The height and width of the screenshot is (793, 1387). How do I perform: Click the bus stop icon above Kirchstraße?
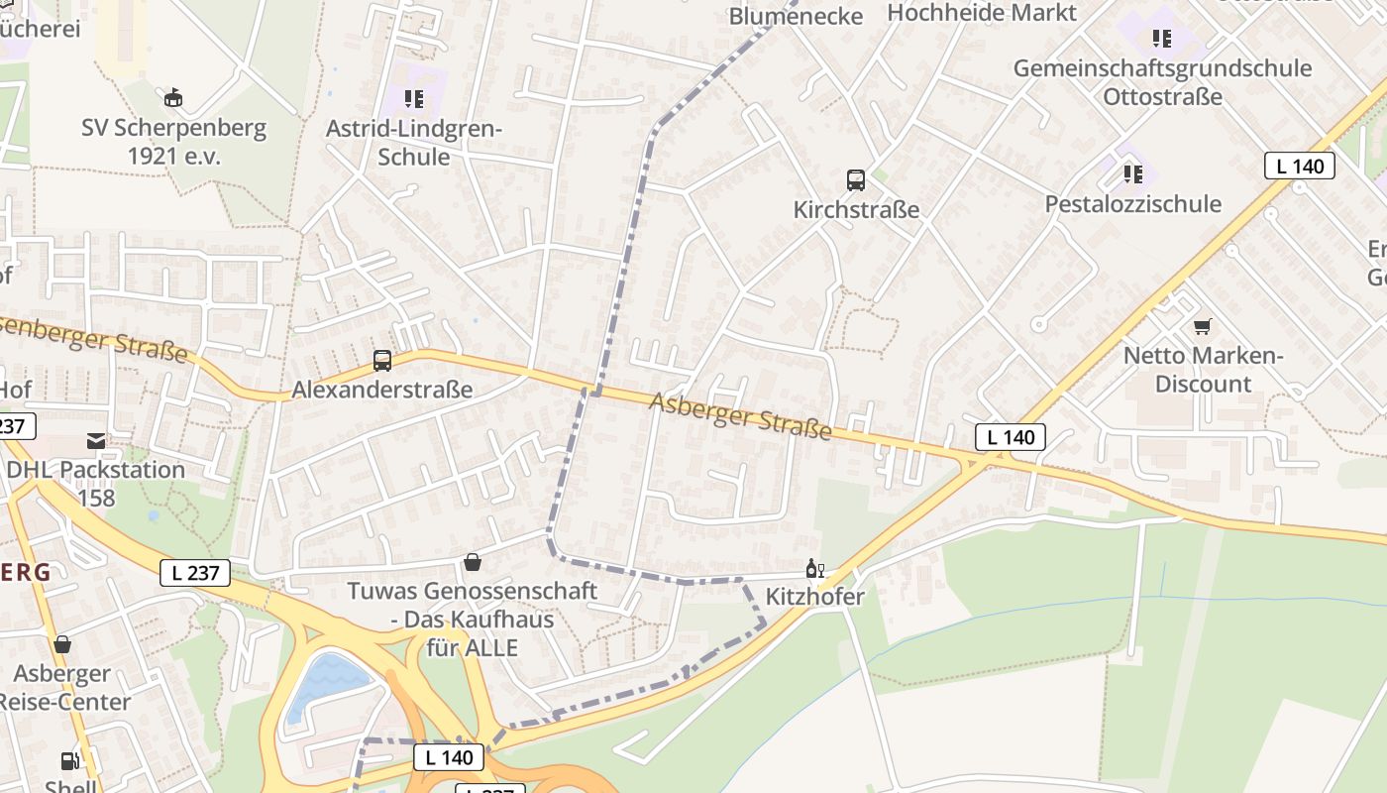pyautogui.click(x=856, y=180)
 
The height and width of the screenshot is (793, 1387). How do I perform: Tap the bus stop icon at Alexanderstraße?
pyautogui.click(x=382, y=361)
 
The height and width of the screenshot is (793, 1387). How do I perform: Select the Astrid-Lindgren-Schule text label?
pyautogui.click(x=414, y=143)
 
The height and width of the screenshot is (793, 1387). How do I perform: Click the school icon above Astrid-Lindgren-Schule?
pyautogui.click(x=414, y=98)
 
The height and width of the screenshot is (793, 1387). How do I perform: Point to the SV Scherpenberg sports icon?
pyautogui.click(x=173, y=97)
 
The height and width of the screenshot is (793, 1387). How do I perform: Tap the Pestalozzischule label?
pyautogui.click(x=1133, y=204)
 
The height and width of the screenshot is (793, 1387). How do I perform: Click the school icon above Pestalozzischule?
pyautogui.click(x=1133, y=174)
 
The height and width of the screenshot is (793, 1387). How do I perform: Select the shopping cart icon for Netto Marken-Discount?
pyautogui.click(x=1203, y=326)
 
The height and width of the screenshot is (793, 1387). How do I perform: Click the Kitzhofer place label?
pyautogui.click(x=815, y=597)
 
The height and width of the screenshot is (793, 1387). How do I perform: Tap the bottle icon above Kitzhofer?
pyautogui.click(x=814, y=569)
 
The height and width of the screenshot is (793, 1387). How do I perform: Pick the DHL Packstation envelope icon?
pyautogui.click(x=96, y=441)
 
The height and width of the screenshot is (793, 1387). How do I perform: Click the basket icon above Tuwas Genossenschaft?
pyautogui.click(x=473, y=562)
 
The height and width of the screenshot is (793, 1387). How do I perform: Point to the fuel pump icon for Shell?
pyautogui.click(x=69, y=761)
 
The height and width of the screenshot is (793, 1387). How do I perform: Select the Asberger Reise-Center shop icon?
pyautogui.click(x=62, y=645)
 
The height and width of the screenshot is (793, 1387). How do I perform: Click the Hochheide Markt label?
pyautogui.click(x=982, y=13)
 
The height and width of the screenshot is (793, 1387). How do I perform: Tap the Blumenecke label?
pyautogui.click(x=796, y=16)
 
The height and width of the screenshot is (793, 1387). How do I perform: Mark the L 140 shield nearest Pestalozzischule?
pyautogui.click(x=1299, y=167)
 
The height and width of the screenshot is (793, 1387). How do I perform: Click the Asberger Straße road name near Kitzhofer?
pyautogui.click(x=740, y=415)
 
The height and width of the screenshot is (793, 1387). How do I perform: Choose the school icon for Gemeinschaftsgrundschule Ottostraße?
pyautogui.click(x=1161, y=39)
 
